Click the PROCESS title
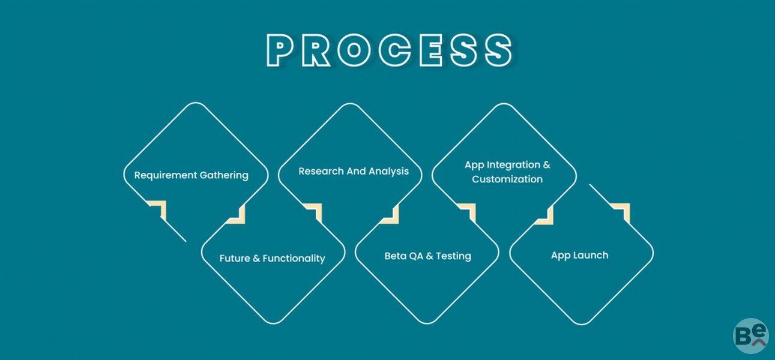pyautogui.click(x=390, y=50)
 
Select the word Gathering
pyautogui.click(x=224, y=175)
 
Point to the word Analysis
pyautogui.click(x=388, y=172)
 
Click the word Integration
pyautogui.click(x=513, y=165)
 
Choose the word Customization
pyautogui.click(x=507, y=179)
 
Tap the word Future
pyautogui.click(x=235, y=259)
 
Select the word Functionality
pyautogui.click(x=294, y=259)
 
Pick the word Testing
pyautogui.click(x=453, y=256)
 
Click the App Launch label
pyautogui.click(x=579, y=255)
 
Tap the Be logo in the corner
pyautogui.click(x=751, y=335)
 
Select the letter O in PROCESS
pyautogui.click(x=354, y=50)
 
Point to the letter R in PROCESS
pyautogui.click(x=316, y=50)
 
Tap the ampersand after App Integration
pyautogui.click(x=546, y=164)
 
